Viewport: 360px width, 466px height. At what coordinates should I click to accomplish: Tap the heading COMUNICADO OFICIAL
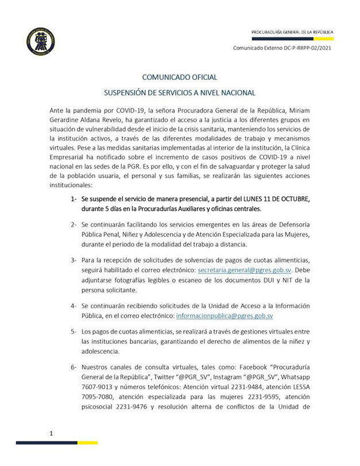point(180,77)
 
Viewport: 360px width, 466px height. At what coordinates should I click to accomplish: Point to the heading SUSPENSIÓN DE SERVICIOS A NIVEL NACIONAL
point(180,92)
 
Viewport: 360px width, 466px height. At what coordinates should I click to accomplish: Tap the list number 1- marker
point(73,199)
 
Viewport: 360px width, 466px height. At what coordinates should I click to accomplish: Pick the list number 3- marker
point(73,260)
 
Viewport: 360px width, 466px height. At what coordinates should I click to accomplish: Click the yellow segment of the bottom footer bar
point(88,442)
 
